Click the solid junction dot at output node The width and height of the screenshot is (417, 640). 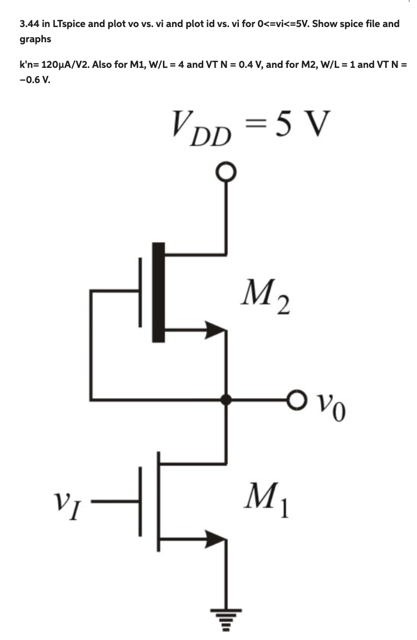click(x=227, y=399)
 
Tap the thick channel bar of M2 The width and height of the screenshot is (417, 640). click(x=159, y=292)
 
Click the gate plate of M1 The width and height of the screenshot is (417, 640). click(x=140, y=501)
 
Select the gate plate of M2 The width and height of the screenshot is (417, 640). click(x=140, y=292)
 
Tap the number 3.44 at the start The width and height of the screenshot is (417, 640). click(x=29, y=24)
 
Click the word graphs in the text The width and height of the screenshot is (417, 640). click(x=35, y=39)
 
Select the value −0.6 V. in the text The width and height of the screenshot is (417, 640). click(x=35, y=80)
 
